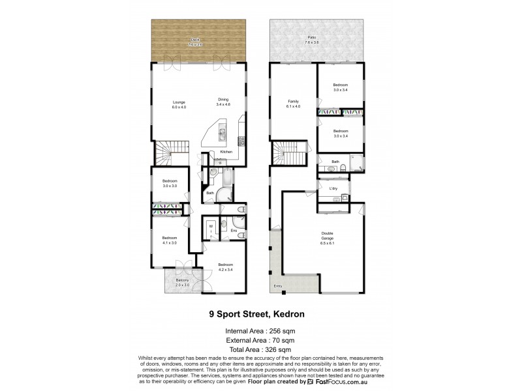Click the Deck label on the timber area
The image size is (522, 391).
[194, 41]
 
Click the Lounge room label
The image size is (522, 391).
[179, 103]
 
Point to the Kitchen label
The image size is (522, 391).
[226, 152]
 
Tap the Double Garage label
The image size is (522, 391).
[328, 237]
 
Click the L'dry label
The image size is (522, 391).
[333, 189]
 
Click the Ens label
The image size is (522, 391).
[233, 230]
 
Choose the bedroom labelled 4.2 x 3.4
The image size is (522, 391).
[225, 267]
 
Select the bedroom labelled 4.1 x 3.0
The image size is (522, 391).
[170, 240]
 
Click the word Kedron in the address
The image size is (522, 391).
[286, 313]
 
